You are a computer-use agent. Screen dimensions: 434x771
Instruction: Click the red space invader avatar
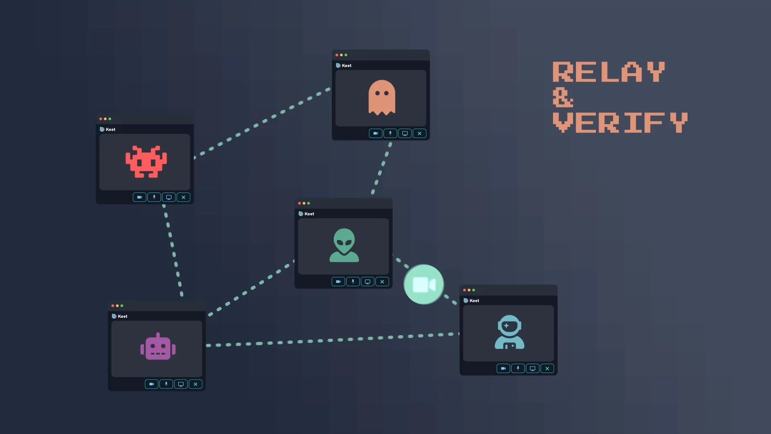tap(146, 162)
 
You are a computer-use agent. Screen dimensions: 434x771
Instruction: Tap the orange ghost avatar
tap(381, 98)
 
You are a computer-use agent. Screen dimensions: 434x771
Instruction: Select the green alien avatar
tap(344, 245)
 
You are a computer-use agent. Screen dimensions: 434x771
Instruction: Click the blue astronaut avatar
tap(509, 332)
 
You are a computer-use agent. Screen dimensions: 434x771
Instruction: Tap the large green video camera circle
tap(424, 285)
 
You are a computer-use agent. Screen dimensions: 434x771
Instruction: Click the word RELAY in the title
tap(608, 72)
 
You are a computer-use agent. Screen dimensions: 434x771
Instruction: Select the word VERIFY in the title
tap(620, 123)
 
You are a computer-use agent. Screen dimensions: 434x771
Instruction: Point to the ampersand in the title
tap(563, 98)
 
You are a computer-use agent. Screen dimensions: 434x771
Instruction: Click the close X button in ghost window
tap(420, 133)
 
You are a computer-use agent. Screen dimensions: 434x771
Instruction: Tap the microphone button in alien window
tap(353, 282)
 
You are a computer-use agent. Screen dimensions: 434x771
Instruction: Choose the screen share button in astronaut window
tap(532, 368)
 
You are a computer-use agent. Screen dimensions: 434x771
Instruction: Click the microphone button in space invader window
tap(154, 197)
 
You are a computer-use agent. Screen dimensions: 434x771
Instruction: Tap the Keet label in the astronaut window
tap(474, 301)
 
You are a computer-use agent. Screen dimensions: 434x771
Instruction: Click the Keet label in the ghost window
tap(347, 66)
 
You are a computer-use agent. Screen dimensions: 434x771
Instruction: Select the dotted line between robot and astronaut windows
tap(333, 340)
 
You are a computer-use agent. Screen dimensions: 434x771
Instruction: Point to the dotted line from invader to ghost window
tap(261, 122)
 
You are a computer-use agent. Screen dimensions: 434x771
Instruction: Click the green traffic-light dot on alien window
tap(308, 203)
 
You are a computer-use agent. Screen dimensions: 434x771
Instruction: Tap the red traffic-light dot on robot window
tap(113, 306)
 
